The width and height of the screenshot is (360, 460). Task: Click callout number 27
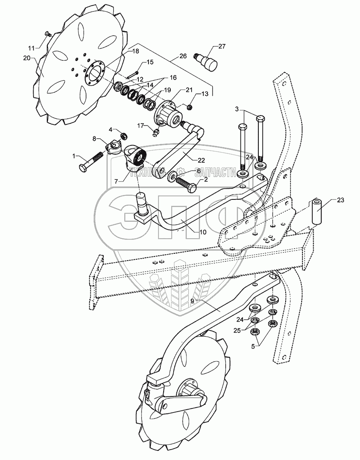[222, 47]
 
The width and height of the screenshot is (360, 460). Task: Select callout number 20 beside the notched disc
[26, 58]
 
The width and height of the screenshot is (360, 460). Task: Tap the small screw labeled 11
[48, 34]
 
